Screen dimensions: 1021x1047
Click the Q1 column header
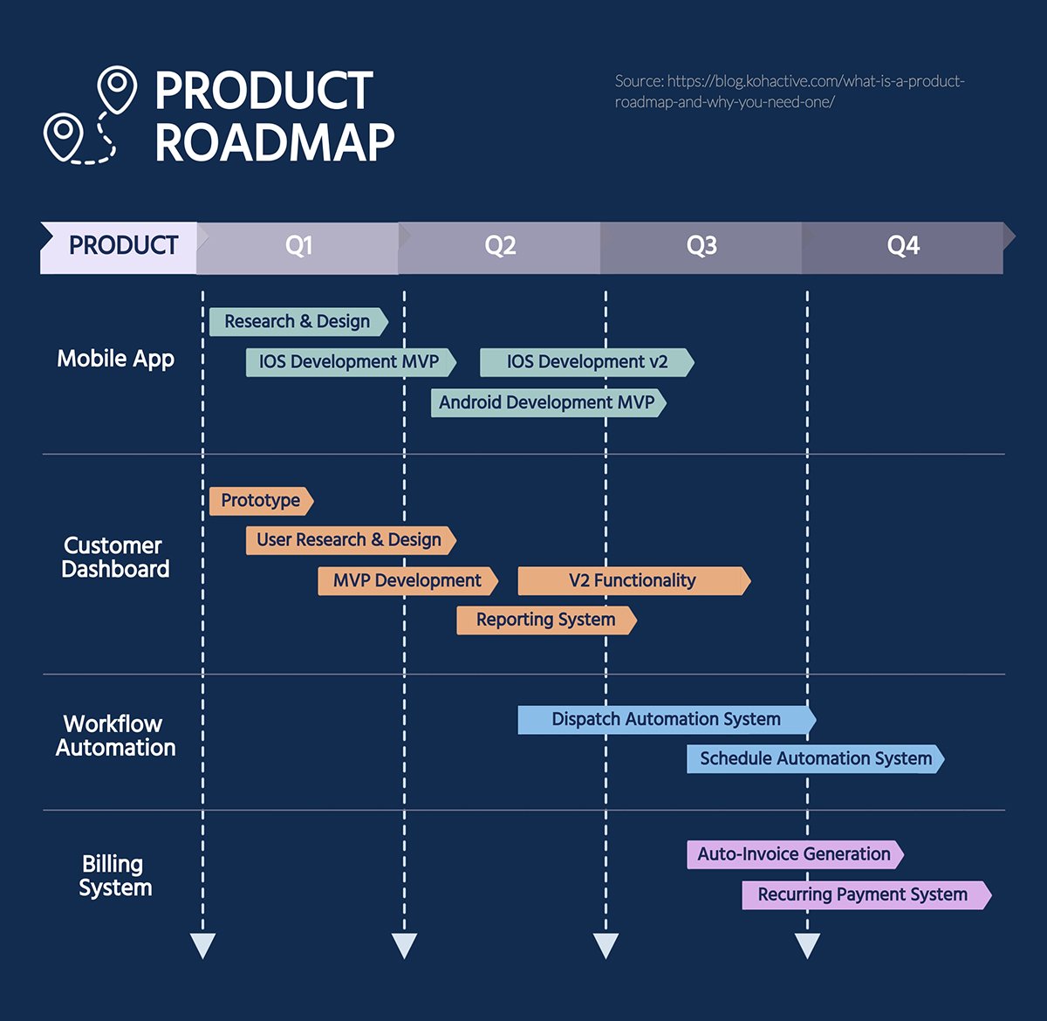click(x=298, y=247)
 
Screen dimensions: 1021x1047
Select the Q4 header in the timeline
click(x=903, y=247)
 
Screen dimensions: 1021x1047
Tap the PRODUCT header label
click(x=123, y=247)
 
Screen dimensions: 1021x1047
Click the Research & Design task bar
click(x=298, y=322)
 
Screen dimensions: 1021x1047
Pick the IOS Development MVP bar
click(x=349, y=362)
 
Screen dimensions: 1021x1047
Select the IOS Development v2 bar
click(x=586, y=362)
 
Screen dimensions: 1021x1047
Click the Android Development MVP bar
click(x=547, y=403)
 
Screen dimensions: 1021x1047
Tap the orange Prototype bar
click(x=260, y=501)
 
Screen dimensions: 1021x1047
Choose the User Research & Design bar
click(x=349, y=540)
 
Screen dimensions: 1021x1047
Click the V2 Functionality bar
click(x=633, y=581)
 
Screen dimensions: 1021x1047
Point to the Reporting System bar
click(x=545, y=620)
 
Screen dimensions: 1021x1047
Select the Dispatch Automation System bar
click(x=666, y=720)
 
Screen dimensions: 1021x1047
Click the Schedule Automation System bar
click(x=815, y=759)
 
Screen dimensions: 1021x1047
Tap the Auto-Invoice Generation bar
click(x=794, y=854)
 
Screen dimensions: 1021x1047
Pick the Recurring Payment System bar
click(x=863, y=895)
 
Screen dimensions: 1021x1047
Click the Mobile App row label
click(x=115, y=360)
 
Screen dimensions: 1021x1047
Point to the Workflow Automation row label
click(x=115, y=736)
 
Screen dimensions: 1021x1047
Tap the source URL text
click(x=789, y=92)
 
